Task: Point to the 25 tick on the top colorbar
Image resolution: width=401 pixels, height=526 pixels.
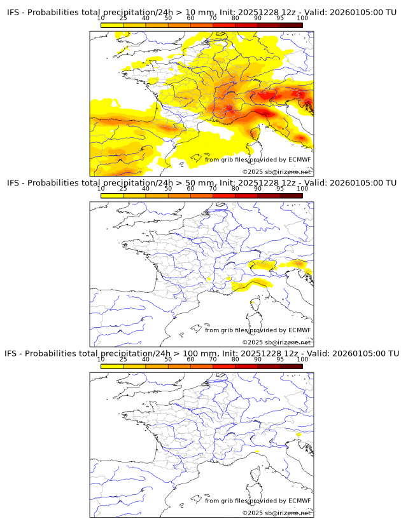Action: (123, 18)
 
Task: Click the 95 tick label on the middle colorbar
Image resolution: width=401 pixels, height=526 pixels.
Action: (281, 189)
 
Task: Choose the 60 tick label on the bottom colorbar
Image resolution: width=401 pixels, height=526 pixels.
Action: (190, 359)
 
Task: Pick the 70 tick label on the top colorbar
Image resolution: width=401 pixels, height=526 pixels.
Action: (213, 18)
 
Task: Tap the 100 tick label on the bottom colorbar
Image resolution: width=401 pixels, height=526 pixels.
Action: (302, 359)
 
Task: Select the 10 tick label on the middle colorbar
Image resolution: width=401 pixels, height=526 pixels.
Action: (101, 189)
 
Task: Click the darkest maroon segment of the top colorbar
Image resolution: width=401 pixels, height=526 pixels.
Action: (292, 25)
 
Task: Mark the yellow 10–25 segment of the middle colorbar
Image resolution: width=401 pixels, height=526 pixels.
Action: (112, 195)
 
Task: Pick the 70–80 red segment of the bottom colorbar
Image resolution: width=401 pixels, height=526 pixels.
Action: (224, 365)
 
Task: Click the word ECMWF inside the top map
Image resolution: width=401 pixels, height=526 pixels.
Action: (300, 159)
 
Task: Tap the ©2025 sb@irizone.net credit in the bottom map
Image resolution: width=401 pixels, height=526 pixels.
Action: (277, 513)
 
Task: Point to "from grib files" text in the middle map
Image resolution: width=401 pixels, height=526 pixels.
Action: (227, 330)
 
